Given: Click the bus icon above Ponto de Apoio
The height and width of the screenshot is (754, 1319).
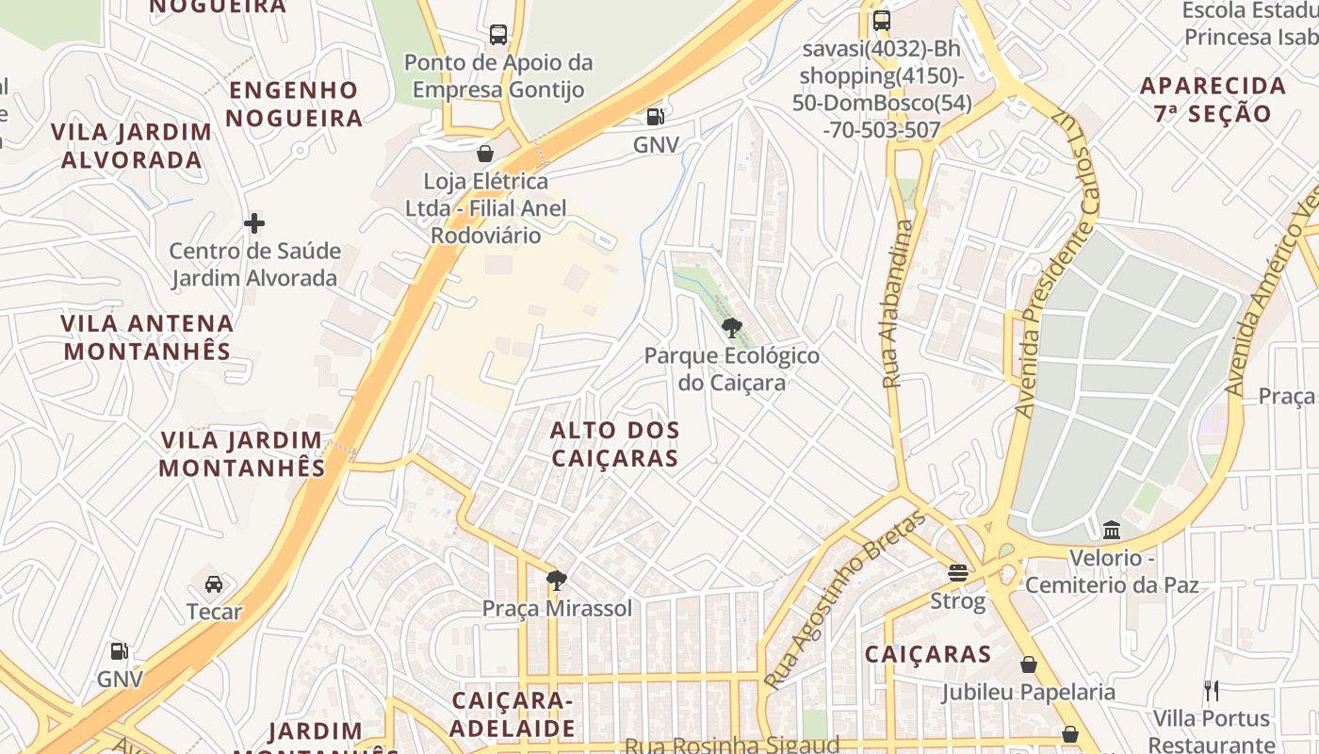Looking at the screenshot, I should pos(498,36).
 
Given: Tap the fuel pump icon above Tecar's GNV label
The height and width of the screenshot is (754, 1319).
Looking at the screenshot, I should pos(120,651).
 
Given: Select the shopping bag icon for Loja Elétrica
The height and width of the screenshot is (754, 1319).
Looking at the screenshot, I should pos(485,153).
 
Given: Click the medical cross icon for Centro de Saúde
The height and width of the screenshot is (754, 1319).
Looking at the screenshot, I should pos(254,223).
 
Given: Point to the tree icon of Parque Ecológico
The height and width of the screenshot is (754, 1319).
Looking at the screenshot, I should pos(731,328).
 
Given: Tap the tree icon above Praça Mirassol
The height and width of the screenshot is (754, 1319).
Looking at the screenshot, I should pos(557,580).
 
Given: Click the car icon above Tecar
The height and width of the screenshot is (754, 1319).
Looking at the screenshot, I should pos(214,583).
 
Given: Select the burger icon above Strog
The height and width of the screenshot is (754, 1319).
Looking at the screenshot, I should pos(958,572).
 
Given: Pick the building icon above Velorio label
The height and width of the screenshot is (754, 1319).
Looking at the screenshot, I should pos(1112,531).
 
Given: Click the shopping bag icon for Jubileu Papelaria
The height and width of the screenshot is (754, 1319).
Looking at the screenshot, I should pos(1029,664).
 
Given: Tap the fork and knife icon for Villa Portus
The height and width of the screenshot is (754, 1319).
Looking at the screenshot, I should pos(1212,691).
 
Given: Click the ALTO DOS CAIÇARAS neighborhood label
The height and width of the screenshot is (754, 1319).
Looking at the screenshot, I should pos(614,444).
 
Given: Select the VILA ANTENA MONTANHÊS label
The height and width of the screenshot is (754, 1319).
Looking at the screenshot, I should pos(146,337).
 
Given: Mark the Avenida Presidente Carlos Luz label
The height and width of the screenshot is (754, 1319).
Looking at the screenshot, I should pos(1056,269).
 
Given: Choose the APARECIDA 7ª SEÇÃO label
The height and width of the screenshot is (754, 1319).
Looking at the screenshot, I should pos(1213,100).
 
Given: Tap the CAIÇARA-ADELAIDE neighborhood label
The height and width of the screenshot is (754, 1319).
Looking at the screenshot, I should pos(513,714).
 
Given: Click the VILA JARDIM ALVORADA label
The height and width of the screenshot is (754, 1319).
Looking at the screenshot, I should pos(132,145).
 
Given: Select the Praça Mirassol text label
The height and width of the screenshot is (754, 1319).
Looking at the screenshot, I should pos(558,609).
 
